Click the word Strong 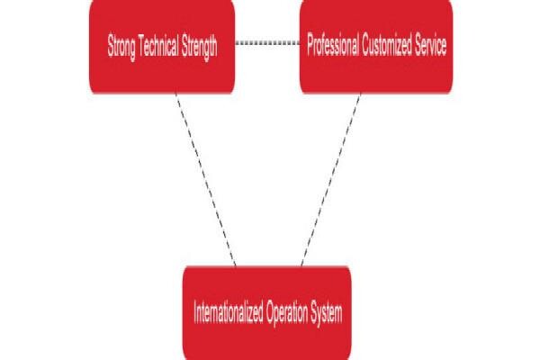[x=121, y=47]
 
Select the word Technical [x=158, y=45]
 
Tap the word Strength [x=200, y=47]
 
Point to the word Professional [x=333, y=44]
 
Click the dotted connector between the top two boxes [x=267, y=42]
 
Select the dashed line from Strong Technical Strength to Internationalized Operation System [x=206, y=179]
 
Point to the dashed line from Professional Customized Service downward [x=331, y=179]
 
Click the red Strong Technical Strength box [x=162, y=47]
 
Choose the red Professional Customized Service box [x=376, y=47]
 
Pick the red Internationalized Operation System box [x=267, y=313]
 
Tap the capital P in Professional [x=310, y=44]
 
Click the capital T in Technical [x=141, y=45]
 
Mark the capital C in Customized [x=365, y=44]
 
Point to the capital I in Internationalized [x=195, y=312]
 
